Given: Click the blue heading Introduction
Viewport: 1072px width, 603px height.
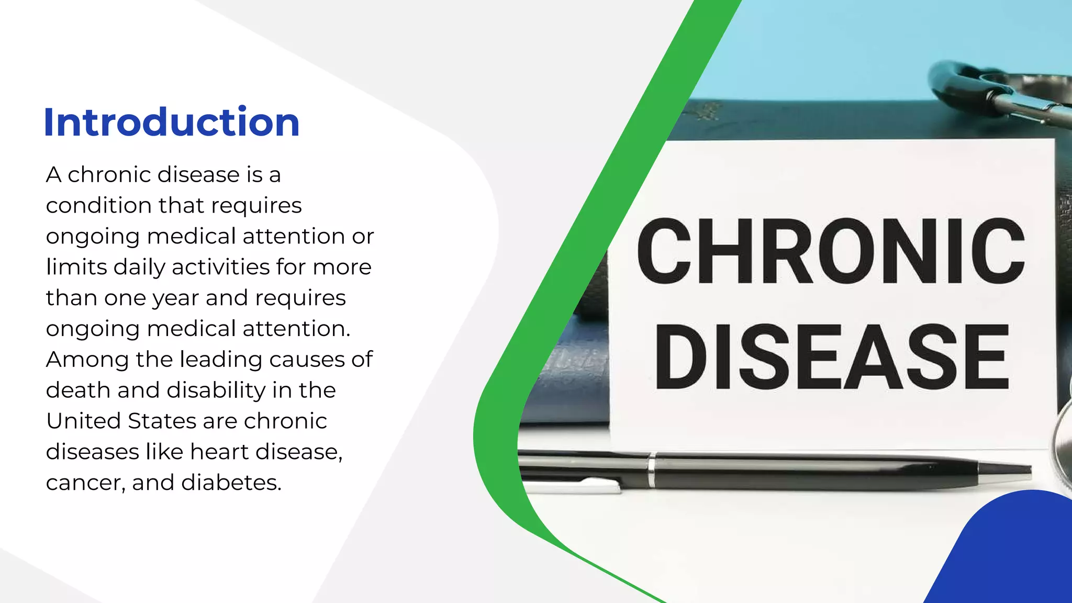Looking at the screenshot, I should (172, 122).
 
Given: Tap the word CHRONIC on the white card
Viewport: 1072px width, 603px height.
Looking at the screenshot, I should (830, 251).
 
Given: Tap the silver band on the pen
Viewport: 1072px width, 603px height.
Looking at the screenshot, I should (651, 470).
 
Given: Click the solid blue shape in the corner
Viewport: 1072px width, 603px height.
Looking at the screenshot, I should (1010, 555).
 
